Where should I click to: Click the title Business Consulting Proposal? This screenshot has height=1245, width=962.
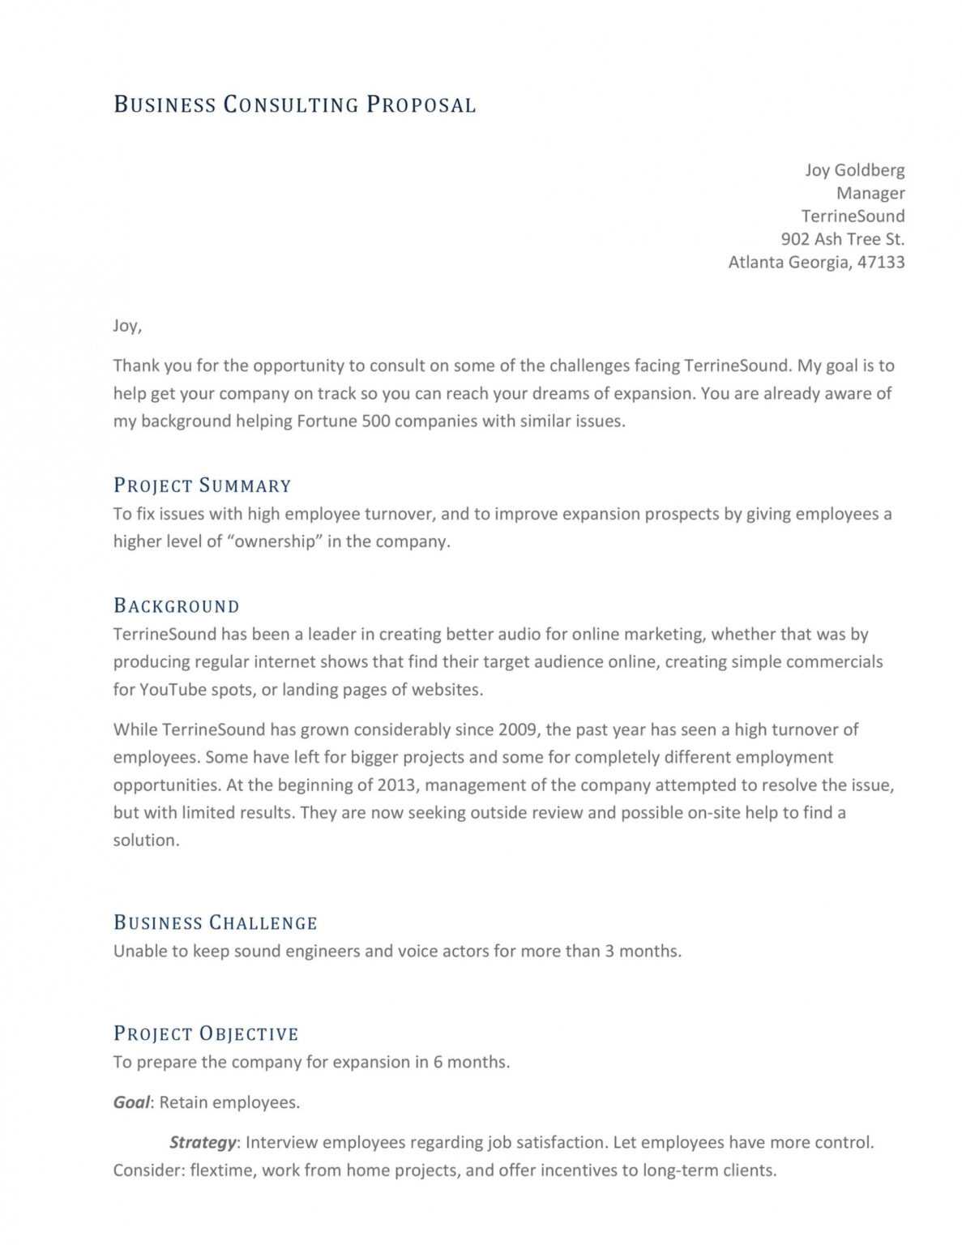point(294,105)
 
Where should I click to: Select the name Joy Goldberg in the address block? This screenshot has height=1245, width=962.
point(854,170)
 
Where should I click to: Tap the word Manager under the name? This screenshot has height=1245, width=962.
point(870,193)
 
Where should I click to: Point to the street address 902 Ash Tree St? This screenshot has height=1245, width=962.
point(842,239)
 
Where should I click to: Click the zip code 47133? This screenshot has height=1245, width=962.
point(881,262)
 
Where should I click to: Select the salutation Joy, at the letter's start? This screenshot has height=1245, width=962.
point(127,326)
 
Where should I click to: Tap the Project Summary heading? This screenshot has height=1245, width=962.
point(202,486)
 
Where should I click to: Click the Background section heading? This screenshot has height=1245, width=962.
point(176,606)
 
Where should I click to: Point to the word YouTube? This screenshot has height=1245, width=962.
point(173,690)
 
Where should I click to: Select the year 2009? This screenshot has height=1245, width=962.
point(518,729)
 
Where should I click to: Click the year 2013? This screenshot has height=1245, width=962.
point(397,785)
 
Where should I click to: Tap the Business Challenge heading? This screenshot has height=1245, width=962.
point(215,922)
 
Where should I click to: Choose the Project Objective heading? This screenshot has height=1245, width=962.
point(206,1033)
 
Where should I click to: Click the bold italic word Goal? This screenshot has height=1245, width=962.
point(131,1102)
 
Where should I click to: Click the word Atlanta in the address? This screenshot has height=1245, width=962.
point(755,262)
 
